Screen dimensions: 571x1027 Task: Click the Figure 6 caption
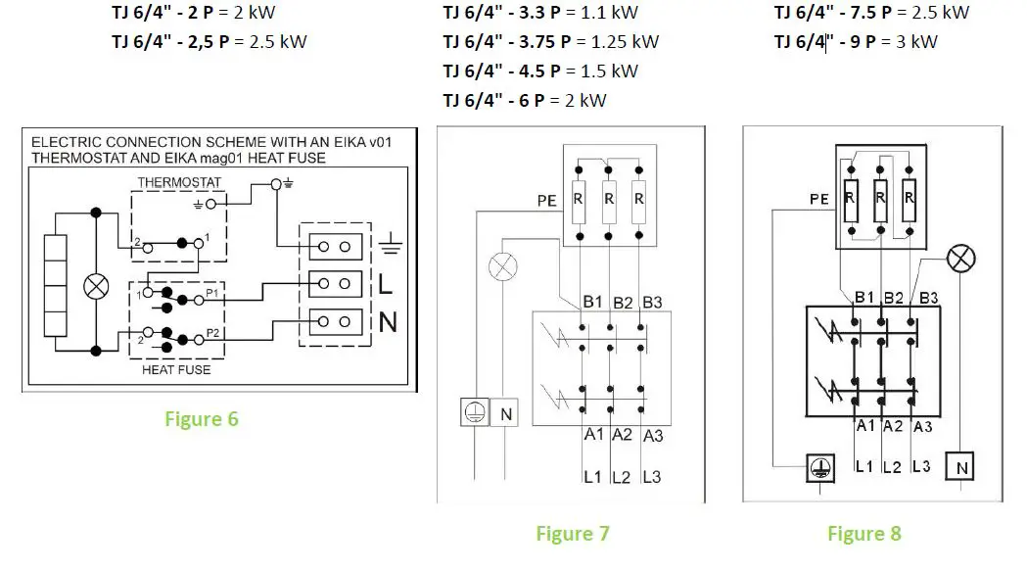[x=201, y=419]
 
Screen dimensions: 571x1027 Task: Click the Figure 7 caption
[x=572, y=534]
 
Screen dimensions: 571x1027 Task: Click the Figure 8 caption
[x=864, y=534]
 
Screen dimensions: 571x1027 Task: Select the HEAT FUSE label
[x=176, y=370]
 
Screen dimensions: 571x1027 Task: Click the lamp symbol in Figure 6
[x=96, y=286]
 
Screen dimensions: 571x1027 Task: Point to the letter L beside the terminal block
[x=385, y=285]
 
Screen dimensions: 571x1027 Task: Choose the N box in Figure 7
[x=506, y=414]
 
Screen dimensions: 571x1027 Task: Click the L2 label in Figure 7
[x=621, y=477]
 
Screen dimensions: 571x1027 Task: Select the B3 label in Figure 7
[x=651, y=303]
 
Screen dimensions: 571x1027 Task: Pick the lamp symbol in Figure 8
[x=962, y=259]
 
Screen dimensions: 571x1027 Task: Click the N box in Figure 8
[x=961, y=468]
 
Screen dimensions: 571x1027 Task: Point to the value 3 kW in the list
[x=916, y=41]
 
